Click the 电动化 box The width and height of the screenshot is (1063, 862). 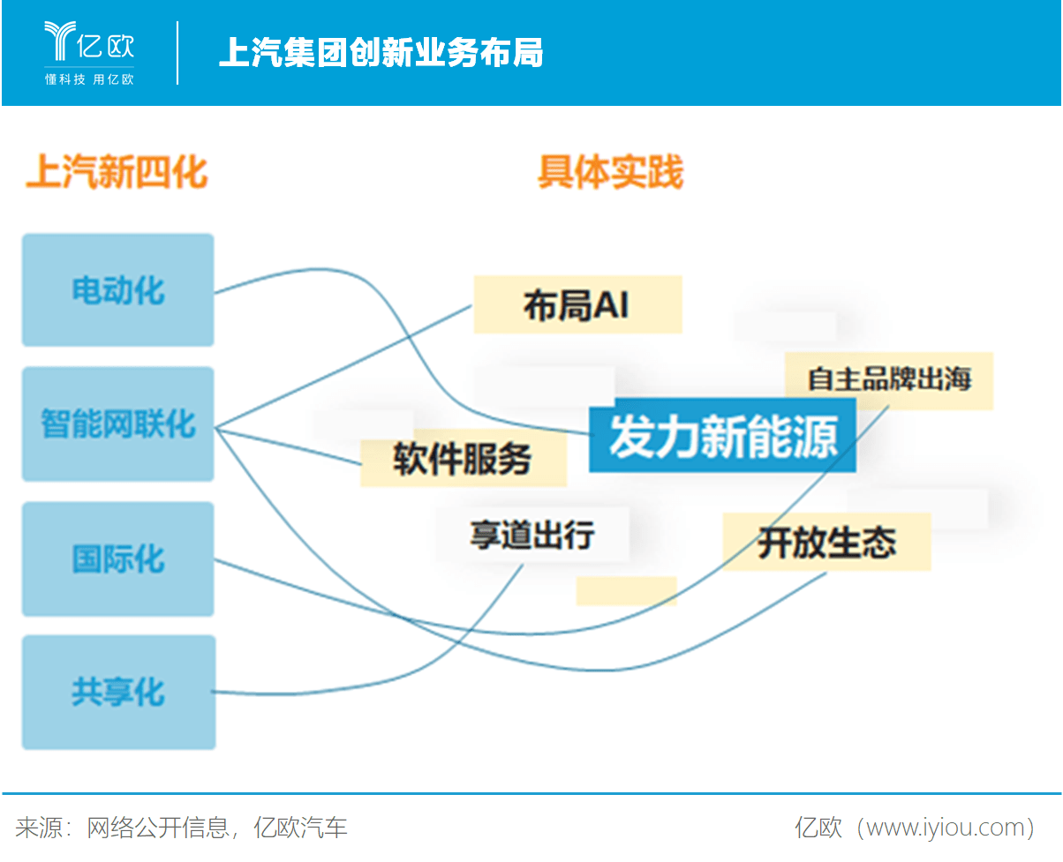click(117, 290)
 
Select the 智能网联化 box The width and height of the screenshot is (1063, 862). click(117, 424)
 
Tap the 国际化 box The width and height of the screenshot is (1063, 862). click(117, 559)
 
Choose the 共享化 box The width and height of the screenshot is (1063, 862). click(117, 693)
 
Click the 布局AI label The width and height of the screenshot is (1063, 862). click(577, 305)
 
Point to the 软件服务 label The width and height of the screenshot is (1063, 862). click(463, 459)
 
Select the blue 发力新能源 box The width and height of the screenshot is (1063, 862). click(722, 436)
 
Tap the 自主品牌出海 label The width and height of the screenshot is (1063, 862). click(888, 380)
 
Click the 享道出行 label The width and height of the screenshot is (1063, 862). click(531, 535)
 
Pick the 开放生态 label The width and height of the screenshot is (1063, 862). click(826, 542)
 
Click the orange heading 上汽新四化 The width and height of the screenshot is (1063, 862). click(117, 172)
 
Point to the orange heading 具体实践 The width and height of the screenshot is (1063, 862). click(611, 173)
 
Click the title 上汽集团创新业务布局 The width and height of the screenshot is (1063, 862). click(381, 53)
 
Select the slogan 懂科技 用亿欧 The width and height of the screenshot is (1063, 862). click(89, 79)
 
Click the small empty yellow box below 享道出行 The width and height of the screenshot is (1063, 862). click(626, 591)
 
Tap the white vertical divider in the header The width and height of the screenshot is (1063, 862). click(177, 53)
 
